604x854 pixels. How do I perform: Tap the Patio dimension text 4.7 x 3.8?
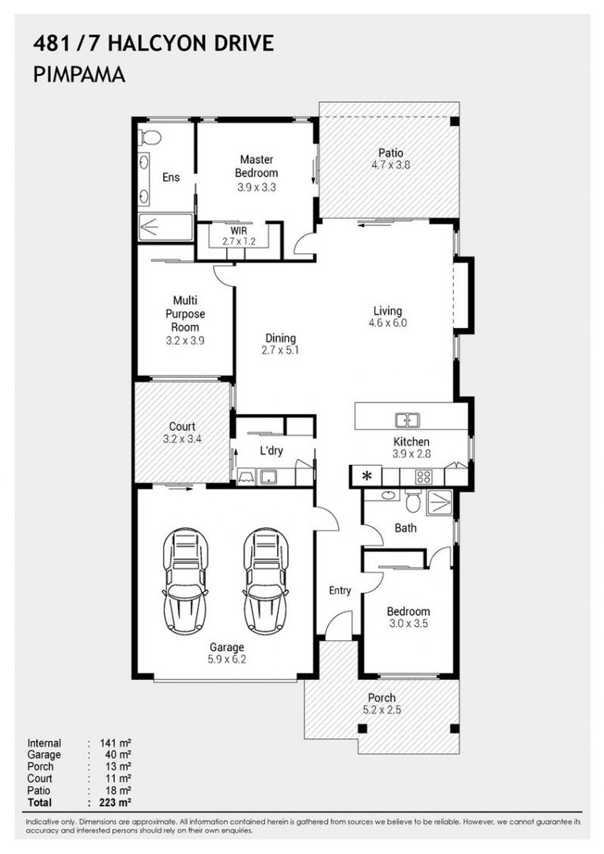(x=389, y=165)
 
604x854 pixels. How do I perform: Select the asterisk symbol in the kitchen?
(x=367, y=476)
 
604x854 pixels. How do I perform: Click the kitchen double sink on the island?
(x=408, y=420)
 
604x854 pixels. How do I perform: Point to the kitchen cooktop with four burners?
(x=424, y=477)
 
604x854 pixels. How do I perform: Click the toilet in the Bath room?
(x=412, y=501)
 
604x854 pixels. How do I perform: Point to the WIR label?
(x=239, y=231)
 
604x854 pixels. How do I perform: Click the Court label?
(x=182, y=426)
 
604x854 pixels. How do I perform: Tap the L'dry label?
(x=272, y=452)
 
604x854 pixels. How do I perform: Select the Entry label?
(x=340, y=591)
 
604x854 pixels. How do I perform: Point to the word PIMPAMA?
(x=80, y=75)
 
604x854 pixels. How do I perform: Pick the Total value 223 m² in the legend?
(x=115, y=803)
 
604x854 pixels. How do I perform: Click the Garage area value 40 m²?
(x=116, y=755)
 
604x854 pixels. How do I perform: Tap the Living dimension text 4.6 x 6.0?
(x=388, y=323)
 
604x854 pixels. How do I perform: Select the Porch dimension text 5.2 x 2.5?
(x=382, y=709)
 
